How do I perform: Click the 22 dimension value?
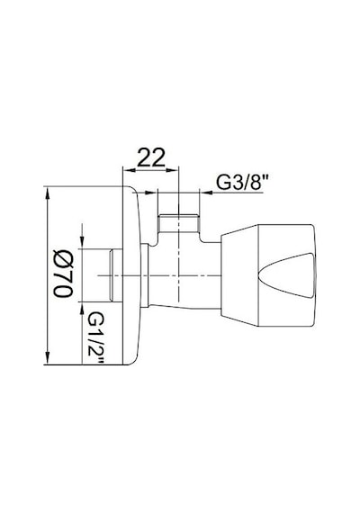[151, 157]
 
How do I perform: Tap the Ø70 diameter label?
[64, 274]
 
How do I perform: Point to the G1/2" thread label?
[96, 337]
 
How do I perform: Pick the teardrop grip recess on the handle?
[286, 275]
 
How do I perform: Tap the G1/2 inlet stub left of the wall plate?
[115, 275]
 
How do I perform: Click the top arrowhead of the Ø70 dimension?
[48, 193]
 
